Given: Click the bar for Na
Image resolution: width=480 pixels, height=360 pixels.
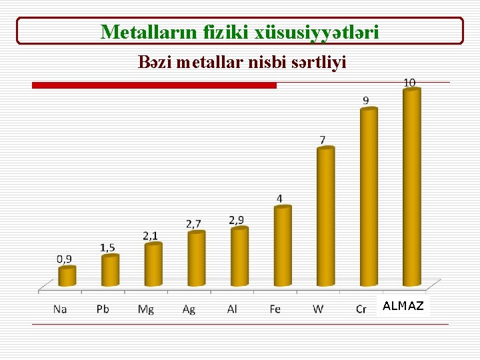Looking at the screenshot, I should pos(67,277).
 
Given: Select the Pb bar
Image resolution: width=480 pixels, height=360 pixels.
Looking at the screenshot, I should pos(110,270).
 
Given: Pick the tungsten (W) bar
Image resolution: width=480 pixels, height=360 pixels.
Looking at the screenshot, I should pos(325,217).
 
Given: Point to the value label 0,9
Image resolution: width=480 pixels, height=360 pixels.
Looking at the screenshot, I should pos(65,258).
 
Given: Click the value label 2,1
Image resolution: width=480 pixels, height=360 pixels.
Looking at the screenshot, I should pos(150,235).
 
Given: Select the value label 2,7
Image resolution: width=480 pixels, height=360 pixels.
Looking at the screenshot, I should pos(193,223).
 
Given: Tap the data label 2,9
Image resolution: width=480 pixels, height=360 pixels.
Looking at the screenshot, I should pos(236,219).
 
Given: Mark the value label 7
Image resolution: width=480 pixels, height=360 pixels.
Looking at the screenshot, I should pos(323,140).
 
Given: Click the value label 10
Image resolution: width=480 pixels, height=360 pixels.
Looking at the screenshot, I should pos(409,82).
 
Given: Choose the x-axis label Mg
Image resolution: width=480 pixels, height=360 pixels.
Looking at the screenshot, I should pos(145,309).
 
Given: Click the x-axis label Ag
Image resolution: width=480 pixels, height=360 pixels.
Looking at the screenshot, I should pos(189,309).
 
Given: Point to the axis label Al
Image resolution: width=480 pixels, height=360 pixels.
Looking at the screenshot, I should pos(232,309).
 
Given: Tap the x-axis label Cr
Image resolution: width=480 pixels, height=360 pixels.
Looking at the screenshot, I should pos(361,309).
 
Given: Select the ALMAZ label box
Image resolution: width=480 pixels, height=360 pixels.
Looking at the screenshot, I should pos(403,307).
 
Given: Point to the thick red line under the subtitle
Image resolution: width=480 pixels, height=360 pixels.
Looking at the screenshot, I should pos(154,85).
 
